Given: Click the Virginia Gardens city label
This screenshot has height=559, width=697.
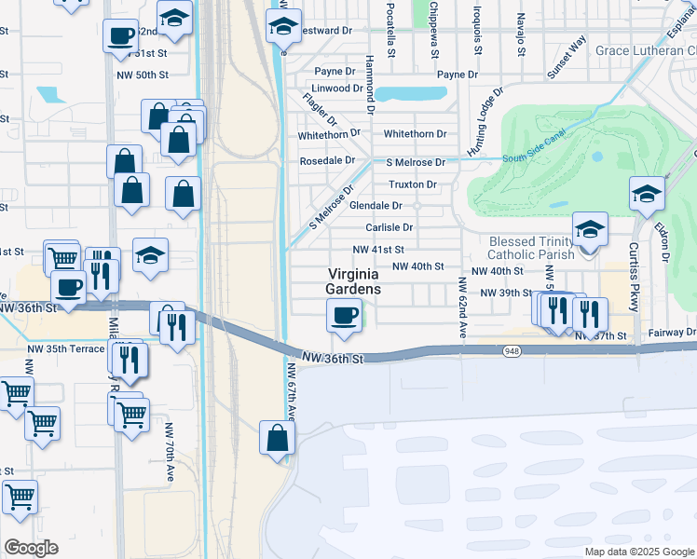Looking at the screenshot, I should [353, 281].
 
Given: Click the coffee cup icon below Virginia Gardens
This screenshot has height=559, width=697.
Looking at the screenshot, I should [345, 316].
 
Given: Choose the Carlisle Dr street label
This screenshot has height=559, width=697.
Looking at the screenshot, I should [389, 227].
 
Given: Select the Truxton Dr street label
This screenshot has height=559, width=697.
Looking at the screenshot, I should [413, 184].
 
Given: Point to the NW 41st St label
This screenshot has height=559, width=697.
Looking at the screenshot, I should [378, 250].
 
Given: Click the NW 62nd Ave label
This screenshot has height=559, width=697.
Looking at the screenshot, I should [459, 307].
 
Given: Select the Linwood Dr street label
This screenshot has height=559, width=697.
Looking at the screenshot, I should [337, 89].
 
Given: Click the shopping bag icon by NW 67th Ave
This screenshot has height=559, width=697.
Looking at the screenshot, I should [278, 437].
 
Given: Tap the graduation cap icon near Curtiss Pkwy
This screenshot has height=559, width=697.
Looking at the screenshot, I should [647, 194].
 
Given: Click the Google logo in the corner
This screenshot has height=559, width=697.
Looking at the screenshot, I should [31, 548].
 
